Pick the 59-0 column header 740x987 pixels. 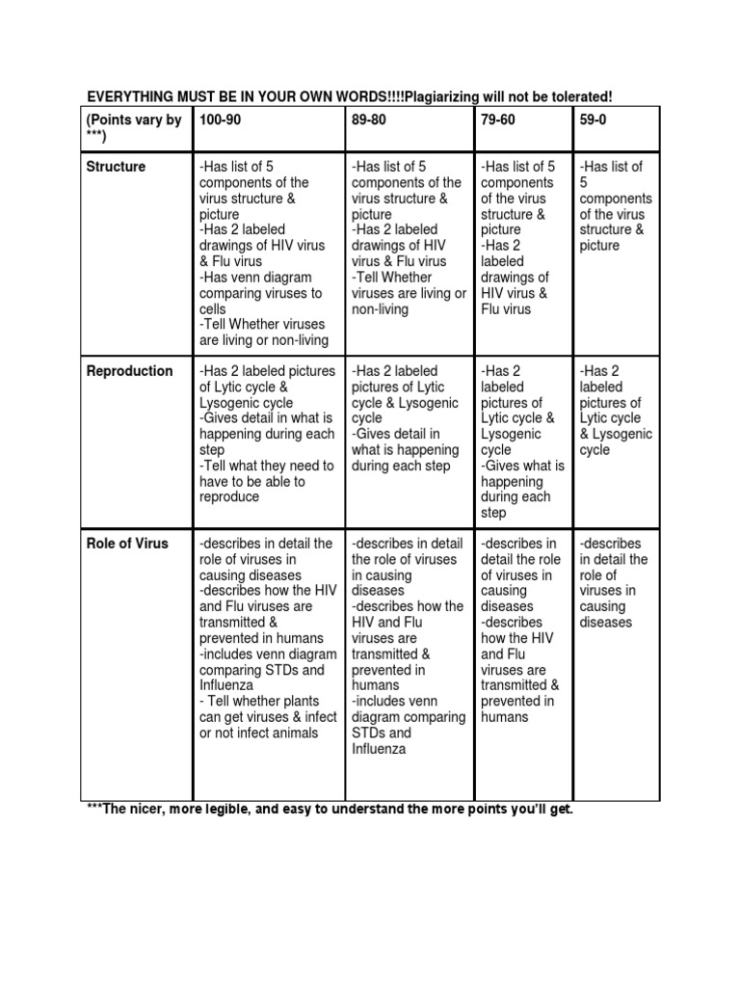[594, 120]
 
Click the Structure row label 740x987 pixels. [115, 167]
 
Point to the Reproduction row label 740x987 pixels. [129, 371]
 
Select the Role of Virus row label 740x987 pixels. [126, 544]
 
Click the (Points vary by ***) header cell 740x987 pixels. [133, 128]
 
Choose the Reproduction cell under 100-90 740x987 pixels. [267, 434]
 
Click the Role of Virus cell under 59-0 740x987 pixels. [614, 583]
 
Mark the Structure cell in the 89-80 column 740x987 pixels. [408, 238]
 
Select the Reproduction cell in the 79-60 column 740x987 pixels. [519, 441]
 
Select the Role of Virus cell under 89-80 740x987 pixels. [408, 646]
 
